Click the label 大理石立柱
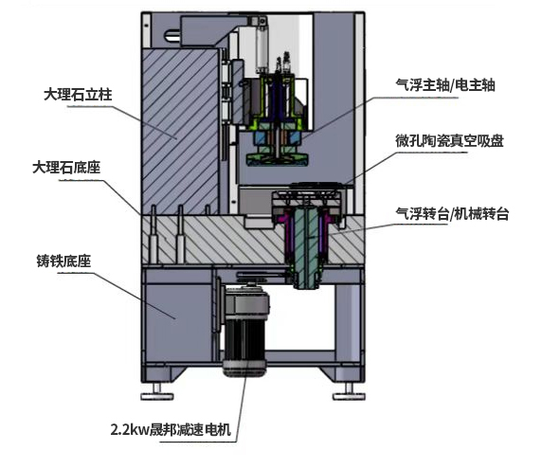78,95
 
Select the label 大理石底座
66,168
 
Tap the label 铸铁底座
63,261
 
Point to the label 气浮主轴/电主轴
445,85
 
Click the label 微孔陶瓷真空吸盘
449,140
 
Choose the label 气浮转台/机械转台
452,213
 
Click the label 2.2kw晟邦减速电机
171,429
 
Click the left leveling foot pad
157,396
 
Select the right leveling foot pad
349,396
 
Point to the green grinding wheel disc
278,161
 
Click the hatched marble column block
180,132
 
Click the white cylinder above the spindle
262,48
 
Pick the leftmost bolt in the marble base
154,234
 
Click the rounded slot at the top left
172,36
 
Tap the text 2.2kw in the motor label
129,430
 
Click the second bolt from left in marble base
180,234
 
